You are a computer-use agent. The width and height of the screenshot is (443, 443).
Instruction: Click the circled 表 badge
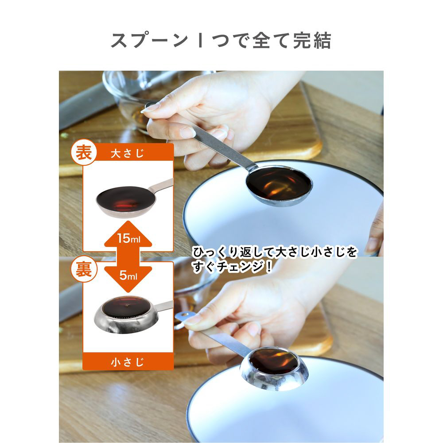(84, 153)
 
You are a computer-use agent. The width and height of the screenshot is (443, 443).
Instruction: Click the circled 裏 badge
(84, 269)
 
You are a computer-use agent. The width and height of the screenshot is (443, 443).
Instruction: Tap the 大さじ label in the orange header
(128, 153)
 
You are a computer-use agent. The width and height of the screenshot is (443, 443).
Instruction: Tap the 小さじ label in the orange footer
(128, 362)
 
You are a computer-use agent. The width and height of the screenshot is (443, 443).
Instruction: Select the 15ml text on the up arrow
(128, 238)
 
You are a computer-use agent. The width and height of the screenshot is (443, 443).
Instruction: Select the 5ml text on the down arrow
(128, 275)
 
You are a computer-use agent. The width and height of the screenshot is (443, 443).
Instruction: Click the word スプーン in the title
(149, 41)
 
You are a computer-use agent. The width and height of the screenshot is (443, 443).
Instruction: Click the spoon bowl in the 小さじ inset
(124, 315)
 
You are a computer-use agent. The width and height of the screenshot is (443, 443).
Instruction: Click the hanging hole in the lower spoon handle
(184, 314)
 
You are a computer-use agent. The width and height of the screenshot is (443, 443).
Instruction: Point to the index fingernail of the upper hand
(150, 108)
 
